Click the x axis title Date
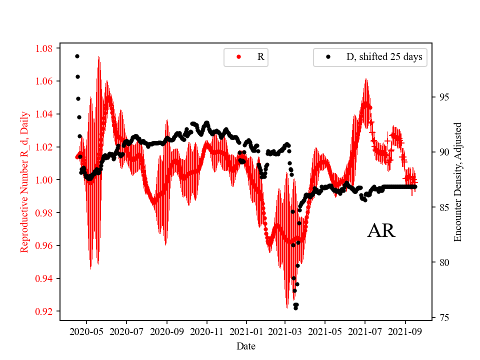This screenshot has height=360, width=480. [x=246, y=345]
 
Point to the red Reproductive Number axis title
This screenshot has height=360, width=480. [x=24, y=181]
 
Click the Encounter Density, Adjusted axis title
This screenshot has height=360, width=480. [x=457, y=182]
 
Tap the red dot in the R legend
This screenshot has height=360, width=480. [x=238, y=57]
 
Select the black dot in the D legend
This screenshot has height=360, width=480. [x=328, y=57]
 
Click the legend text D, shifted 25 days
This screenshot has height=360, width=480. [x=384, y=57]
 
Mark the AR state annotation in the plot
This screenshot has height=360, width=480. [x=381, y=230]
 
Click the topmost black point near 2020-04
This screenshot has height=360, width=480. [x=77, y=56]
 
